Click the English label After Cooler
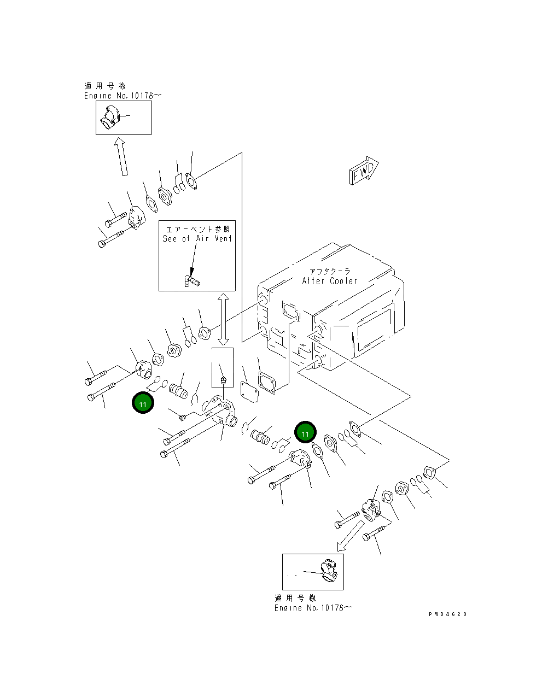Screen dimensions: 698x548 [329, 281]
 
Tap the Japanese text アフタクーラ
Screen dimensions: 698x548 [329, 271]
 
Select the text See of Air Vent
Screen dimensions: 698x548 [197, 239]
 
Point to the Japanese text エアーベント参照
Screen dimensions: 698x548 [197, 229]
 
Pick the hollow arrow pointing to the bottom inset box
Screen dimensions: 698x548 [350, 536]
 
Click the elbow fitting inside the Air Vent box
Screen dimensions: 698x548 [191, 281]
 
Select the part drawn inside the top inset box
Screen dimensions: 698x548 [113, 118]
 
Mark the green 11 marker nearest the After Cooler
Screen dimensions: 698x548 [305, 433]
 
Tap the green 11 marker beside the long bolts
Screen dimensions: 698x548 [143, 403]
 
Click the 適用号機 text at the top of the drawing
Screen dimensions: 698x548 [104, 86]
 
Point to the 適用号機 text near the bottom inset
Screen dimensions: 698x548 [295, 599]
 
